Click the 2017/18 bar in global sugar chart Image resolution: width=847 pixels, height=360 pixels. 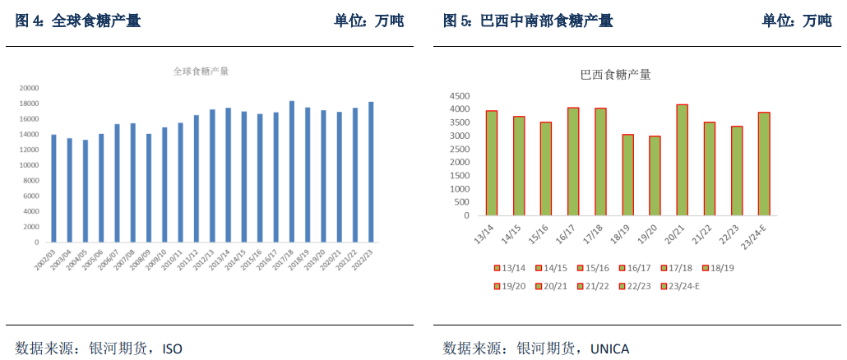(x=292, y=172)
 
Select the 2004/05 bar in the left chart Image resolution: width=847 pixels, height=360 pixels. (x=86, y=192)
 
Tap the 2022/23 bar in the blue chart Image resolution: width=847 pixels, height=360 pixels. (x=371, y=173)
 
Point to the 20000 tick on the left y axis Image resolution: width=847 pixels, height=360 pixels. (x=30, y=88)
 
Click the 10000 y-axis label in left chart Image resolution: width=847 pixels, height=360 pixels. (x=30, y=165)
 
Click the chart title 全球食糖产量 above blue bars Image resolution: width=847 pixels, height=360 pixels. (x=201, y=72)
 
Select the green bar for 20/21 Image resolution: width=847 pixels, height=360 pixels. (x=683, y=160)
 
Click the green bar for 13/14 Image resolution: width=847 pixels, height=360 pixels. (x=492, y=163)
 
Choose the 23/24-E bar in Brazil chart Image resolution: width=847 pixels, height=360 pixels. (x=764, y=164)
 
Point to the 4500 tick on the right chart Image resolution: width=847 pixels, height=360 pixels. (x=459, y=95)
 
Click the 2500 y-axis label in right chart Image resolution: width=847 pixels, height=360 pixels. (x=459, y=149)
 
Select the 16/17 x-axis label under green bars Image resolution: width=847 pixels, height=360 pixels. (x=566, y=233)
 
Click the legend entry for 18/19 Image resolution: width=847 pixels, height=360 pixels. (x=717, y=268)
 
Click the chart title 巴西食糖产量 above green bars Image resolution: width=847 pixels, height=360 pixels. (x=616, y=76)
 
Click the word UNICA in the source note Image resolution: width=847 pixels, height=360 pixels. (x=609, y=348)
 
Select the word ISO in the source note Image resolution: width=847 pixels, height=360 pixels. (x=172, y=348)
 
